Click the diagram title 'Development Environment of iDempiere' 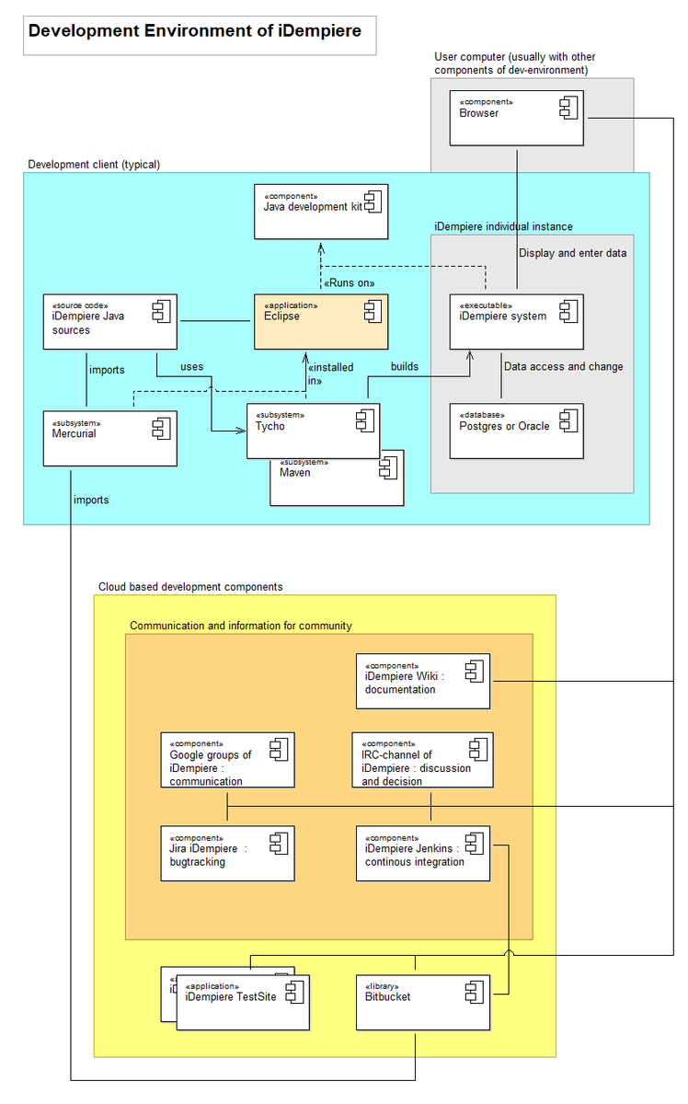click(195, 31)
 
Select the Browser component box click(517, 118)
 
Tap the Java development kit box click(321, 212)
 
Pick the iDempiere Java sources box click(110, 321)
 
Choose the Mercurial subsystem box click(110, 438)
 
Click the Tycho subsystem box click(313, 431)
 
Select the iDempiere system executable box click(517, 321)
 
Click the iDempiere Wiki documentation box click(423, 681)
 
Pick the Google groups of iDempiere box click(227, 760)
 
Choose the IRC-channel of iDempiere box click(422, 760)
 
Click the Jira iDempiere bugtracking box click(227, 853)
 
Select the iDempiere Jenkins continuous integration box click(422, 853)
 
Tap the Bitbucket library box click(422, 1002)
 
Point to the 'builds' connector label click(405, 366)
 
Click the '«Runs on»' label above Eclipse click(350, 282)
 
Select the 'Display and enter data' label click(572, 253)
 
